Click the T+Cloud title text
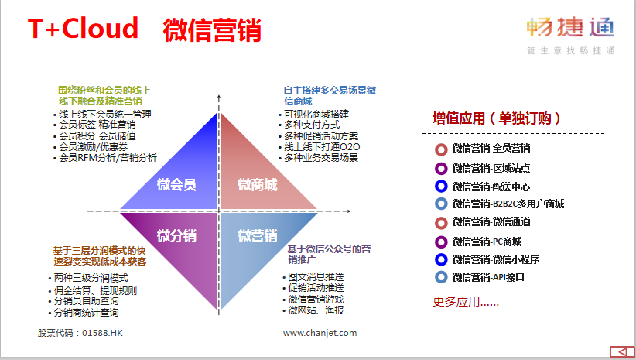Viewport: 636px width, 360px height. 83,28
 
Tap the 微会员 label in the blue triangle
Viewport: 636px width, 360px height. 176,185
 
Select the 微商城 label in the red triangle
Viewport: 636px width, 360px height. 258,185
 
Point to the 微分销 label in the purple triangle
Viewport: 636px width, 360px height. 176,235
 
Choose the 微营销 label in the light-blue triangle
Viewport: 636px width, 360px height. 258,235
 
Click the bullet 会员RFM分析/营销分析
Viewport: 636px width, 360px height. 108,157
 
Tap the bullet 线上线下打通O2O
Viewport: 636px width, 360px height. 322,147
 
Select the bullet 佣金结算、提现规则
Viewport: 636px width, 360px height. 95,290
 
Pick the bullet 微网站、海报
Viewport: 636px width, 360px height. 316,310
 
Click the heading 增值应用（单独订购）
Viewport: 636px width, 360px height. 497,118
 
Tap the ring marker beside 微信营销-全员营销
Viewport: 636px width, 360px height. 441,149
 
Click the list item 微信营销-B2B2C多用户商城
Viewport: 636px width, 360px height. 508,204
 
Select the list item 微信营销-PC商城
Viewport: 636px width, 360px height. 487,242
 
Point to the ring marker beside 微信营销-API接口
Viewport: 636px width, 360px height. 441,277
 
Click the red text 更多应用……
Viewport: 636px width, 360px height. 466,302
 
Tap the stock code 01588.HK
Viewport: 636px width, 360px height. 102,333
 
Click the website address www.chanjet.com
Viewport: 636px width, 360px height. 320,333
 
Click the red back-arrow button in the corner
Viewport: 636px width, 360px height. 622,351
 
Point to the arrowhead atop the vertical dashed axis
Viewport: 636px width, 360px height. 219,98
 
